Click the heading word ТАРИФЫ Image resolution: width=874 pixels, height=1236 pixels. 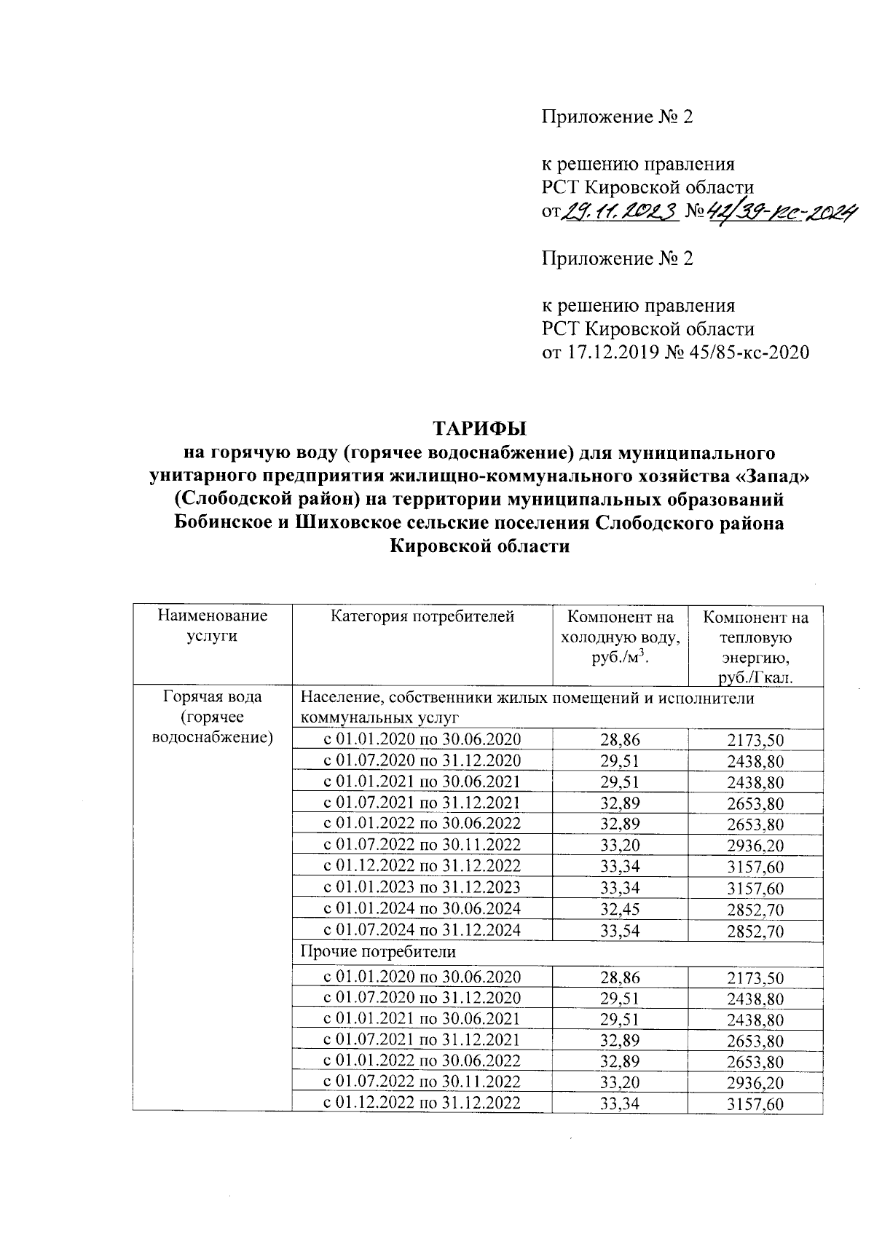(x=479, y=426)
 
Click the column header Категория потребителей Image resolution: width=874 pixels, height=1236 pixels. (x=422, y=617)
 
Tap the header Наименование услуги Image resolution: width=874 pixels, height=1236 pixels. (x=212, y=626)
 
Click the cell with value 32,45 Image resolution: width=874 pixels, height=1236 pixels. (x=620, y=909)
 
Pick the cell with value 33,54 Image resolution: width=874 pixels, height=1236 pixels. (x=620, y=930)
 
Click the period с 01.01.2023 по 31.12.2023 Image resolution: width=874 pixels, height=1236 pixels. (x=422, y=887)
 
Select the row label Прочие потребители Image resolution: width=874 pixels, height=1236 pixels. (x=378, y=952)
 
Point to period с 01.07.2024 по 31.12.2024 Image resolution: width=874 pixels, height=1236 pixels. (x=422, y=930)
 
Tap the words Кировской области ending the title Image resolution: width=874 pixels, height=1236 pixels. (x=479, y=547)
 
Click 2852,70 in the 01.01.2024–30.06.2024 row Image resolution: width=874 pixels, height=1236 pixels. (x=755, y=909)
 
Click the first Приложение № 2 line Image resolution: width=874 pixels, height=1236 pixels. (x=616, y=117)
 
